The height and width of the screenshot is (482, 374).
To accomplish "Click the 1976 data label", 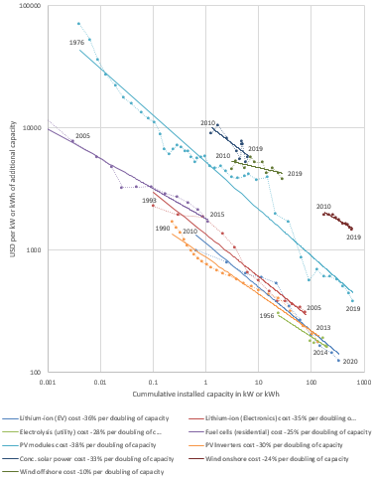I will pyautogui.click(x=76, y=44).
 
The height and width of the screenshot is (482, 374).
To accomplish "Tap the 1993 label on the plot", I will pyautogui.click(x=149, y=200).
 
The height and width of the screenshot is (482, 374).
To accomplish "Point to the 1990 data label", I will pyautogui.click(x=162, y=229).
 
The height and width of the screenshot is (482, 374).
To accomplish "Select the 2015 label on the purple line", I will pyautogui.click(x=216, y=215).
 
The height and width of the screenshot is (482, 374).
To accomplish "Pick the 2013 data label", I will pyautogui.click(x=323, y=327).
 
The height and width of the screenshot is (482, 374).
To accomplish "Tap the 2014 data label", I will pyautogui.click(x=320, y=352).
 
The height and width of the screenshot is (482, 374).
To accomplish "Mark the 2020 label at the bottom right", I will pyautogui.click(x=348, y=361).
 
